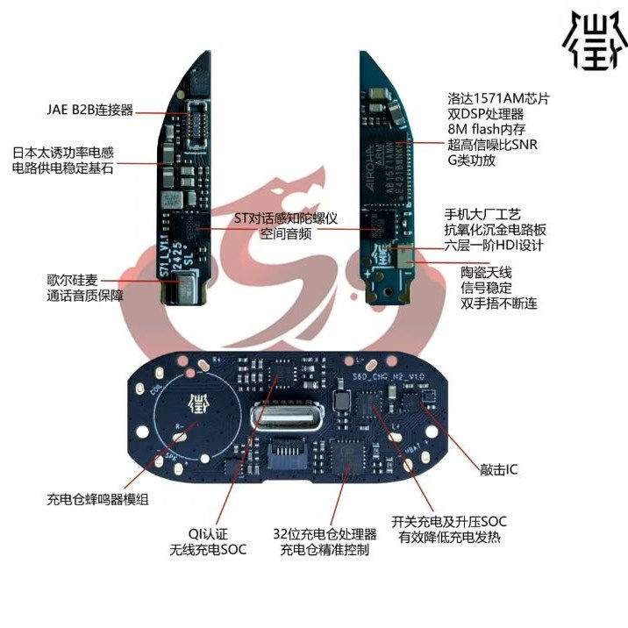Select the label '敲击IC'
(499, 470)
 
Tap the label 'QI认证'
(208, 533)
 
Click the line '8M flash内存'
(487, 128)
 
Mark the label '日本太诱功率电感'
(62, 152)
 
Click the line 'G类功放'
(472, 161)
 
